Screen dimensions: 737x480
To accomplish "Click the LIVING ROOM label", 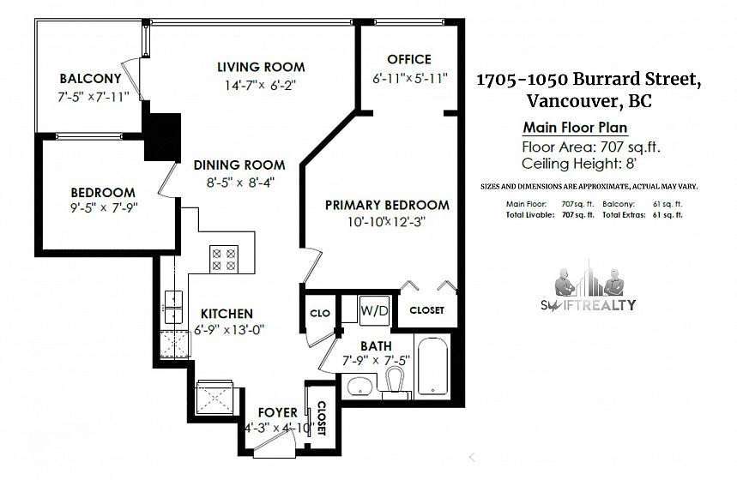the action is (261, 67).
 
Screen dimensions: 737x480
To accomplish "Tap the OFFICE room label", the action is (409, 59).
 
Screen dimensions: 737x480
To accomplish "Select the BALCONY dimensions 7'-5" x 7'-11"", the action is (93, 97).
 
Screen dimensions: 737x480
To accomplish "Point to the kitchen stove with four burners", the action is (223, 259).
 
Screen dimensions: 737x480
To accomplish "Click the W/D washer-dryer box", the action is (374, 310).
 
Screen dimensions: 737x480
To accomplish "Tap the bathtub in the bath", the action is (432, 365).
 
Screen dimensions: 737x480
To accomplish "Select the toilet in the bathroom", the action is (394, 380).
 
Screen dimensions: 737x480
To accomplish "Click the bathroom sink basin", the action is (360, 386).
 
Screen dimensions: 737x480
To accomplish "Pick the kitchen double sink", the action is (173, 307).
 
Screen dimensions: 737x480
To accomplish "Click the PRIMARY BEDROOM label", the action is (387, 205).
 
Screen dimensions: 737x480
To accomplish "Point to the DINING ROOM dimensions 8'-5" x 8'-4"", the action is (240, 182).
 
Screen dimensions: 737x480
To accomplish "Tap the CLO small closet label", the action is (320, 313).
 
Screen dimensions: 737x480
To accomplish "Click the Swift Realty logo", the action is (588, 286).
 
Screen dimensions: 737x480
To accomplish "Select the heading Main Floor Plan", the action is (576, 128).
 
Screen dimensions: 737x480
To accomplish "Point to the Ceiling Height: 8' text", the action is (579, 164).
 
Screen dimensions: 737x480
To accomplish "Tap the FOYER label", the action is (278, 412).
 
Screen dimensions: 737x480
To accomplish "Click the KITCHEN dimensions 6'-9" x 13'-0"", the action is (229, 329).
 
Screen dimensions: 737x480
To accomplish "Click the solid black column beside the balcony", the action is (162, 136).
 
